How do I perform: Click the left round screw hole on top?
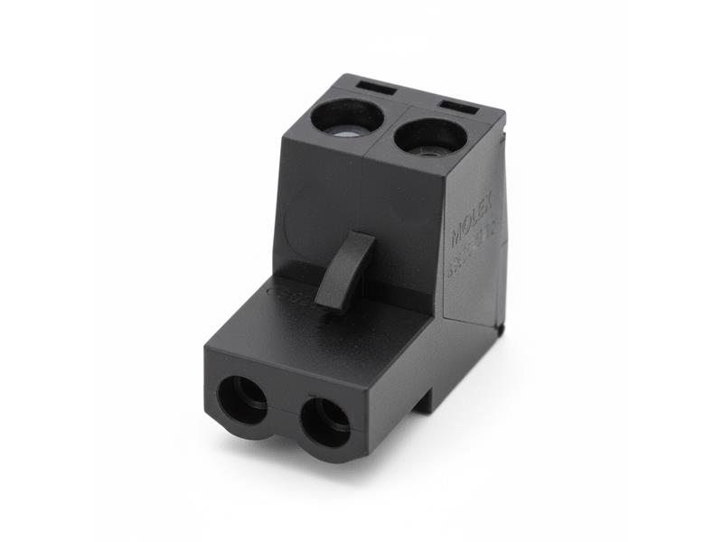(x=347, y=118)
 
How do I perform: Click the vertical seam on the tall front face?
(x=362, y=208)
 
